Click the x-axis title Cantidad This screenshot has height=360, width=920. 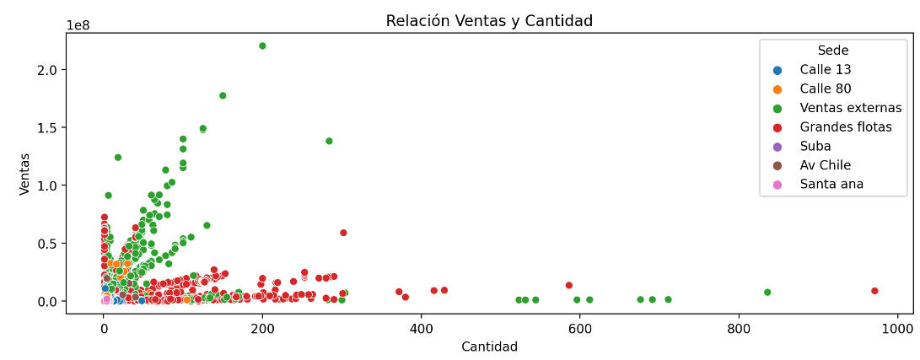click(489, 347)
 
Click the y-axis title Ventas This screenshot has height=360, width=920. click(25, 174)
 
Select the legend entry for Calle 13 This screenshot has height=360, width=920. click(826, 70)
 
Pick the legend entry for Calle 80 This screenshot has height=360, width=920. click(826, 89)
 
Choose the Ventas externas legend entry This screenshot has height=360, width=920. click(850, 108)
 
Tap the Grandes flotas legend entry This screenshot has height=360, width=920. click(846, 127)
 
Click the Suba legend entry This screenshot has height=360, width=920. click(815, 146)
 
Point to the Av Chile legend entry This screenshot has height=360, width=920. click(825, 165)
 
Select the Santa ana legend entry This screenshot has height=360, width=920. click(831, 184)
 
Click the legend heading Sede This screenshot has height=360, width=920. click(832, 51)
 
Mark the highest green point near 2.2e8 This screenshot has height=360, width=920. click(262, 46)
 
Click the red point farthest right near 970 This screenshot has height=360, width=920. click(874, 291)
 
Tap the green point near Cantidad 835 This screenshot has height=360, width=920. click(767, 293)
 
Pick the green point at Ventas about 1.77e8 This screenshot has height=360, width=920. click(223, 95)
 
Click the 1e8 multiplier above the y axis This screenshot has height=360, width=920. click(78, 25)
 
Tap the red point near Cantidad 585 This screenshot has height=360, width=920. click(569, 285)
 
